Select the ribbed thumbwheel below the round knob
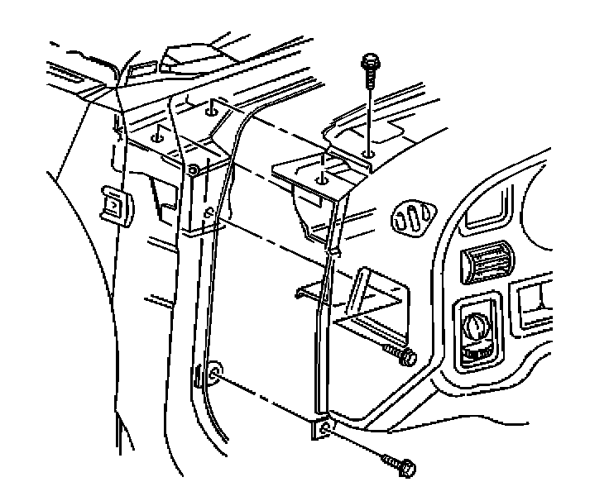(477, 355)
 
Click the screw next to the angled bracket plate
(401, 358)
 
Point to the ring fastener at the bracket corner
(193, 172)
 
